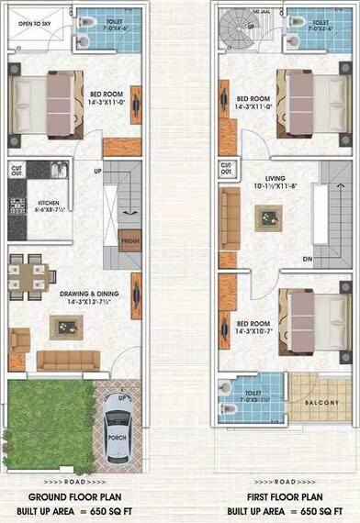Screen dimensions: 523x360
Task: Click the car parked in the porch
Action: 121,431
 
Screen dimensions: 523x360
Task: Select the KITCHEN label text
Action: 48,204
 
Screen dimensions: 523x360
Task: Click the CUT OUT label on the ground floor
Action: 17,170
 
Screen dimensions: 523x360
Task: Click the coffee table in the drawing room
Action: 65,324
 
